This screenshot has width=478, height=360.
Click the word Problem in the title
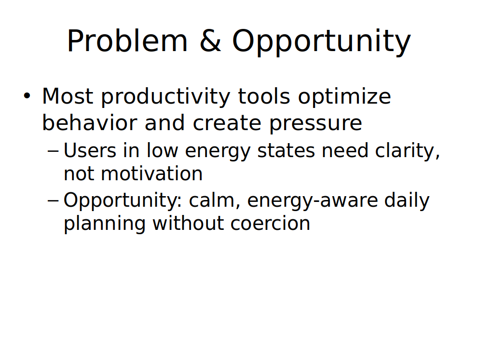[127, 41]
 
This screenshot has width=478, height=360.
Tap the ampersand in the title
[210, 41]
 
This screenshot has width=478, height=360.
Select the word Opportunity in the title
[321, 42]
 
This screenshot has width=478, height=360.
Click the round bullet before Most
[27, 95]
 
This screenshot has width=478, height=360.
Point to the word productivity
[165, 97]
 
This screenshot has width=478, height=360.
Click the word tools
[264, 96]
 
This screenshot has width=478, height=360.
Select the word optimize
[344, 97]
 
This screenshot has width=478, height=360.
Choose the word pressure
[315, 124]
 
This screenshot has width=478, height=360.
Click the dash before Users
[53, 150]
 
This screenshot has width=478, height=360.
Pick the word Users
[90, 150]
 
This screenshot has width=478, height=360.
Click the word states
[286, 151]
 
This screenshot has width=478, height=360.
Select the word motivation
[151, 173]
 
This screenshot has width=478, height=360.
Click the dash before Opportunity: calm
[53, 200]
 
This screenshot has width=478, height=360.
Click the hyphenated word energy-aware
[313, 201]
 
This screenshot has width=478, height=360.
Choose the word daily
[407, 201]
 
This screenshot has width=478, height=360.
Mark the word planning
[104, 224]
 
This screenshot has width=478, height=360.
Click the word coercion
[270, 223]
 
